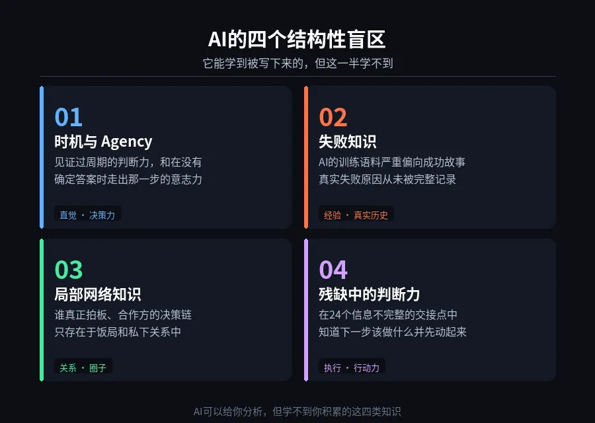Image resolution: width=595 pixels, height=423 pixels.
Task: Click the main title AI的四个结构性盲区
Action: [x=297, y=40]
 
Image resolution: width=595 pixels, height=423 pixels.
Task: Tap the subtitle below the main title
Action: [x=297, y=63]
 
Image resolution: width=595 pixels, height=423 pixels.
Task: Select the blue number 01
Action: [x=68, y=118]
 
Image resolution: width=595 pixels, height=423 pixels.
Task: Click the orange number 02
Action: [x=333, y=118]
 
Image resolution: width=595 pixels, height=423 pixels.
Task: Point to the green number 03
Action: [x=68, y=270]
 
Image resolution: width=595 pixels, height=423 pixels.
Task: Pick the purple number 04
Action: [x=333, y=270]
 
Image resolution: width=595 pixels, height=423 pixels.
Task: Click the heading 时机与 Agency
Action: [x=103, y=141]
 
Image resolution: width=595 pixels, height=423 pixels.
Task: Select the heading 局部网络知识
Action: [x=97, y=294]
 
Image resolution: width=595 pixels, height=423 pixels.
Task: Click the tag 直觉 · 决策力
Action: [x=87, y=215]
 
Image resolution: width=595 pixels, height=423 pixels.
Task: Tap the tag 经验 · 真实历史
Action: [x=356, y=215]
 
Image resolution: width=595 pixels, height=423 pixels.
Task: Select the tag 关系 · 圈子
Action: [x=83, y=367]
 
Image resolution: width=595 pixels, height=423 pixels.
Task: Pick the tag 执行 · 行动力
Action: [x=352, y=367]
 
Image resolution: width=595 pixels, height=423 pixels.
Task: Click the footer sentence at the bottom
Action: [x=297, y=411]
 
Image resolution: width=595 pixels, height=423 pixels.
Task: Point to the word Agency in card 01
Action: [x=127, y=141]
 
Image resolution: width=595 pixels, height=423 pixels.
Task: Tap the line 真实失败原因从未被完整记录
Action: [x=387, y=179]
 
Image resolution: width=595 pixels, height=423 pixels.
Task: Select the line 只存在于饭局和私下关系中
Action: [x=118, y=332]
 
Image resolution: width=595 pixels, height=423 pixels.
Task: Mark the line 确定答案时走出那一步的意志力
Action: [x=128, y=179]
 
